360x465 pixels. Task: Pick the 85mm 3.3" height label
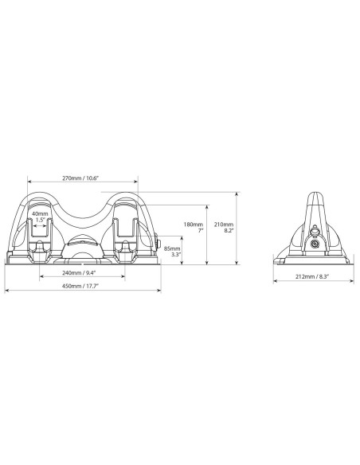170,252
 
